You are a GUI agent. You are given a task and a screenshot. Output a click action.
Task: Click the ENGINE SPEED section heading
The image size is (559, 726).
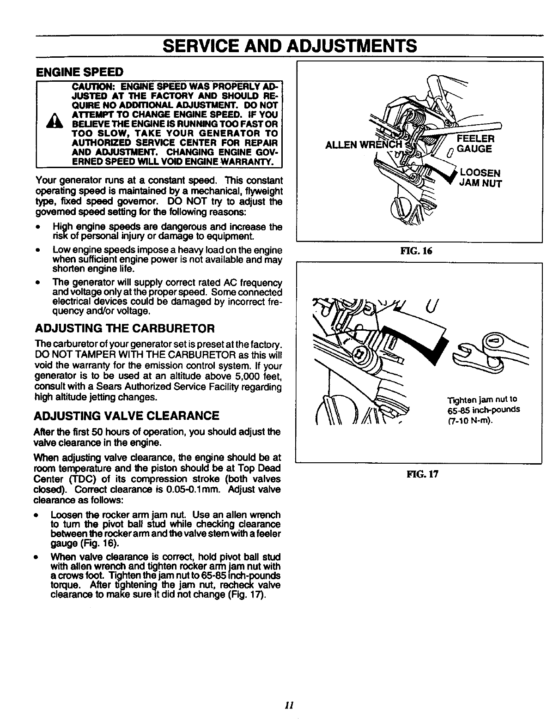(79, 72)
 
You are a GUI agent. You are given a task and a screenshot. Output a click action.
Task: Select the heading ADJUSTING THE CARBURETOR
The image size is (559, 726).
(125, 328)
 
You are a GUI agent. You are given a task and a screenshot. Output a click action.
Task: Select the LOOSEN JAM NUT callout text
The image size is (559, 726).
(480, 178)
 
